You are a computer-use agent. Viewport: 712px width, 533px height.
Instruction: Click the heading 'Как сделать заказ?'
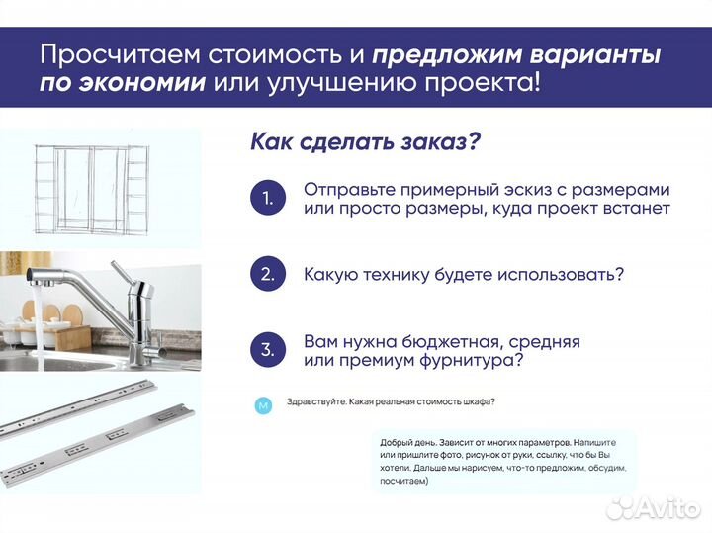click(x=365, y=141)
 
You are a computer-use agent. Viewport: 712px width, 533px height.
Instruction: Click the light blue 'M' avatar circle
click(x=263, y=405)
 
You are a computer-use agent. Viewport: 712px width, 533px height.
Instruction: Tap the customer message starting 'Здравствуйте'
click(x=391, y=402)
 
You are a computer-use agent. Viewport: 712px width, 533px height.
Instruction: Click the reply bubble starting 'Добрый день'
click(x=504, y=461)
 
